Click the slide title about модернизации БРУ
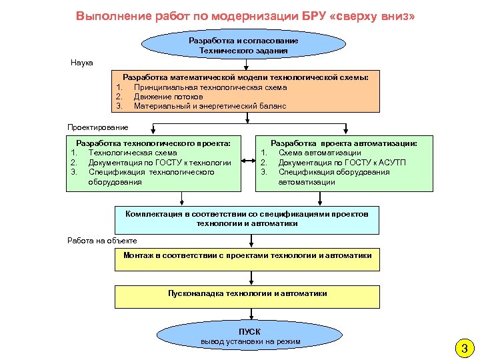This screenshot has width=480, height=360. [245, 15]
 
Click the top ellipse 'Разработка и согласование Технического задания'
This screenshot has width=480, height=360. [244, 45]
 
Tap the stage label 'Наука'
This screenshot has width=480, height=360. [82, 63]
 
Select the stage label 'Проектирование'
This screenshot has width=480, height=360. [98, 127]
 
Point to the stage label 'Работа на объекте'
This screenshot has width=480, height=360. [102, 241]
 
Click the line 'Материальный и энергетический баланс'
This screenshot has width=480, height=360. [209, 106]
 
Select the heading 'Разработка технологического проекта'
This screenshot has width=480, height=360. [154, 143]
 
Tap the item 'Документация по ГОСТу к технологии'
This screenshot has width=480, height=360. [160, 162]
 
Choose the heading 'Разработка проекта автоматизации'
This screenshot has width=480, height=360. [344, 143]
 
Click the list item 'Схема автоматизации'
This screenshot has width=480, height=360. [320, 153]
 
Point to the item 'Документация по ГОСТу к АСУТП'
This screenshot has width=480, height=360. [342, 162]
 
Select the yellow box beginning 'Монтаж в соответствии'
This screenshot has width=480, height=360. [247, 259]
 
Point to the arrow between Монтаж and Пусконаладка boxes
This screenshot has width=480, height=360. [247, 279]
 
